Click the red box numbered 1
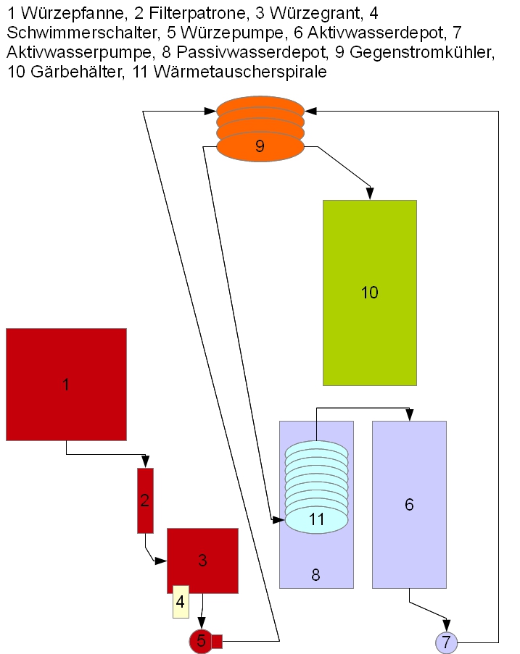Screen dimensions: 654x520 66,384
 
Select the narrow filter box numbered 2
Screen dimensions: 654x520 145,500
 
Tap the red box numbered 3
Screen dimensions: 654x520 202,560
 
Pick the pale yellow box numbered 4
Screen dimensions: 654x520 181,602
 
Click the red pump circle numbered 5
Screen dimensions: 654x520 200,640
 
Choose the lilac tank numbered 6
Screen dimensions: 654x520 409,504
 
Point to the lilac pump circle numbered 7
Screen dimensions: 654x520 446,642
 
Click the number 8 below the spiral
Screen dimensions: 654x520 315,575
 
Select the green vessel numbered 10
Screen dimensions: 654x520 369,293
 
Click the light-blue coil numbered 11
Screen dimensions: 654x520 316,485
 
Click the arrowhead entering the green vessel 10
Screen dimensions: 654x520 370,194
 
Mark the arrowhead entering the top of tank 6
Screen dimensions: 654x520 410,415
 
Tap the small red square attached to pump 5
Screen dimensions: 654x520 216,640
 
